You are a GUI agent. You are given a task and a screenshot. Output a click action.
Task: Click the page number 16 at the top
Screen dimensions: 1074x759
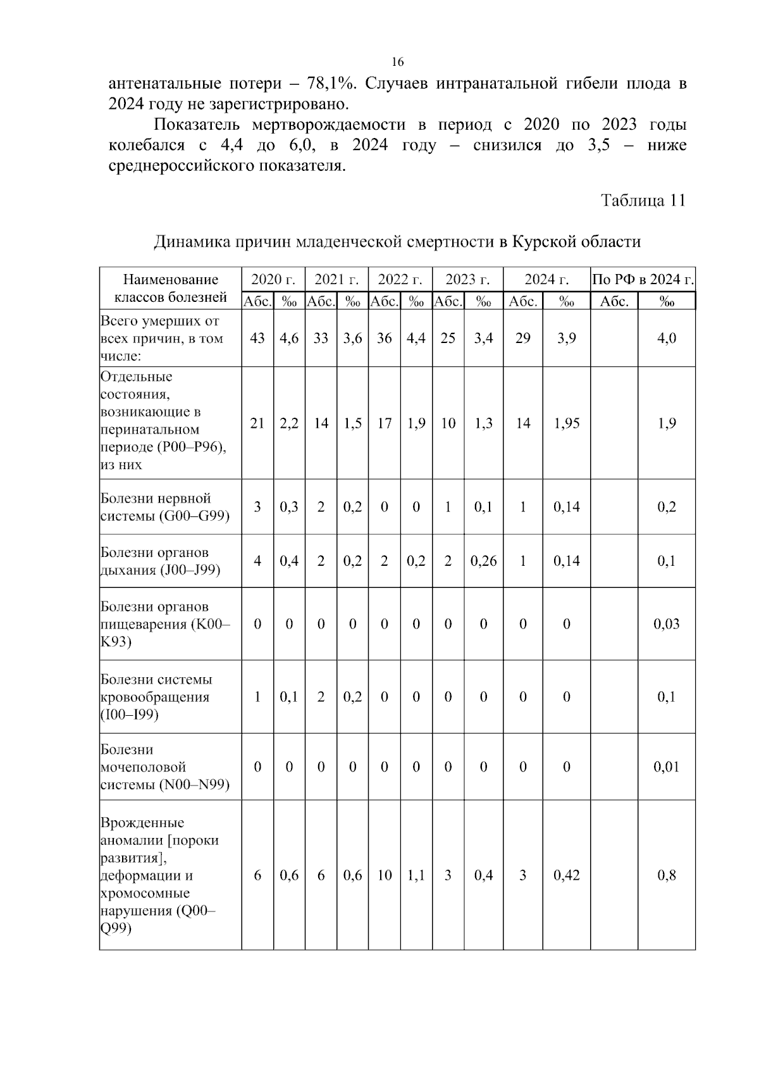coord(397,62)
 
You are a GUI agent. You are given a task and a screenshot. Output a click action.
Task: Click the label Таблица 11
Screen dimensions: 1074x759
coord(643,201)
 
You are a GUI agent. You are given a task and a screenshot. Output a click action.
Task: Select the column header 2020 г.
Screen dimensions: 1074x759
coord(273,280)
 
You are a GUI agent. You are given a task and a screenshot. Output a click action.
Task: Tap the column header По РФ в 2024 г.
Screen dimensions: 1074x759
coord(643,280)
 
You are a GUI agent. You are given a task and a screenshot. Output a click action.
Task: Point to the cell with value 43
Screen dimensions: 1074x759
coord(257,338)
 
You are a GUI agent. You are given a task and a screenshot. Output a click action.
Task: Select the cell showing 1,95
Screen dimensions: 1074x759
coord(566,423)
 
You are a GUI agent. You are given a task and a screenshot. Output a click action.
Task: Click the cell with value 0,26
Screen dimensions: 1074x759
coord(483,561)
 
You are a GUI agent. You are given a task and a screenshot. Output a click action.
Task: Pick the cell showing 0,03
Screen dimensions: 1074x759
coord(666,624)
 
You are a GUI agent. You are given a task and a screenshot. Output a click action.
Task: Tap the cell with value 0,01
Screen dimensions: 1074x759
coord(666,767)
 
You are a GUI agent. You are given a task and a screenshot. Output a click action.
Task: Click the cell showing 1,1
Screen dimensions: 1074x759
coord(416,875)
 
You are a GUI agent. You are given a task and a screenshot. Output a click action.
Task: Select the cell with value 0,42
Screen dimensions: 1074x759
coord(566,875)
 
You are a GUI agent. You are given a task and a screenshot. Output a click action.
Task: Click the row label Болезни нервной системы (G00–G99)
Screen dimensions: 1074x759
coord(164,507)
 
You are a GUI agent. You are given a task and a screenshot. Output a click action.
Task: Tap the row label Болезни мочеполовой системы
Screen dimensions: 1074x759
coord(164,767)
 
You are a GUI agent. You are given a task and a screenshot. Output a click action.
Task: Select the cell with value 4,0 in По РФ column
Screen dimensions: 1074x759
coord(666,338)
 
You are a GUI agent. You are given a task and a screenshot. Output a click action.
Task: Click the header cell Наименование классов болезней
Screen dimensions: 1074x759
coord(170,288)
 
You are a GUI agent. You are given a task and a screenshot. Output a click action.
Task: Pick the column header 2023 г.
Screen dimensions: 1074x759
coord(467,280)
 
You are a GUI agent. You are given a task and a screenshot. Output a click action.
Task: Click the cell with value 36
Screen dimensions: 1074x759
coord(384,338)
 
